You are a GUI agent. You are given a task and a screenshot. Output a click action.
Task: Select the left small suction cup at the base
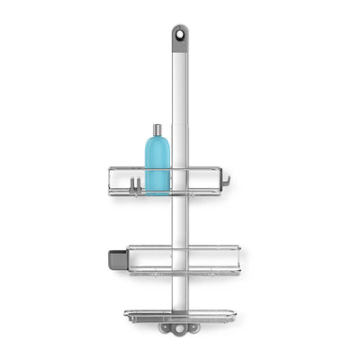[x=166, y=328]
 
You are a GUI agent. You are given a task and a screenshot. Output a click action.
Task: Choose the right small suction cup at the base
[x=193, y=328]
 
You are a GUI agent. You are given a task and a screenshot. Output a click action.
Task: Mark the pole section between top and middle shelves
[x=180, y=220]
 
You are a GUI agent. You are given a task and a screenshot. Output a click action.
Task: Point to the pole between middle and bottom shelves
[x=180, y=292]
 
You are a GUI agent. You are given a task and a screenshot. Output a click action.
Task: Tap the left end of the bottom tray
[x=129, y=316]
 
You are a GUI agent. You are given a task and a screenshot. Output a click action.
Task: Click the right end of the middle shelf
[x=237, y=258]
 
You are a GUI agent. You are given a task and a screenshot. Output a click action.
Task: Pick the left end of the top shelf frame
[x=112, y=180]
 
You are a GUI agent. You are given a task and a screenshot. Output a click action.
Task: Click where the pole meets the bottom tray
[x=180, y=315]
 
